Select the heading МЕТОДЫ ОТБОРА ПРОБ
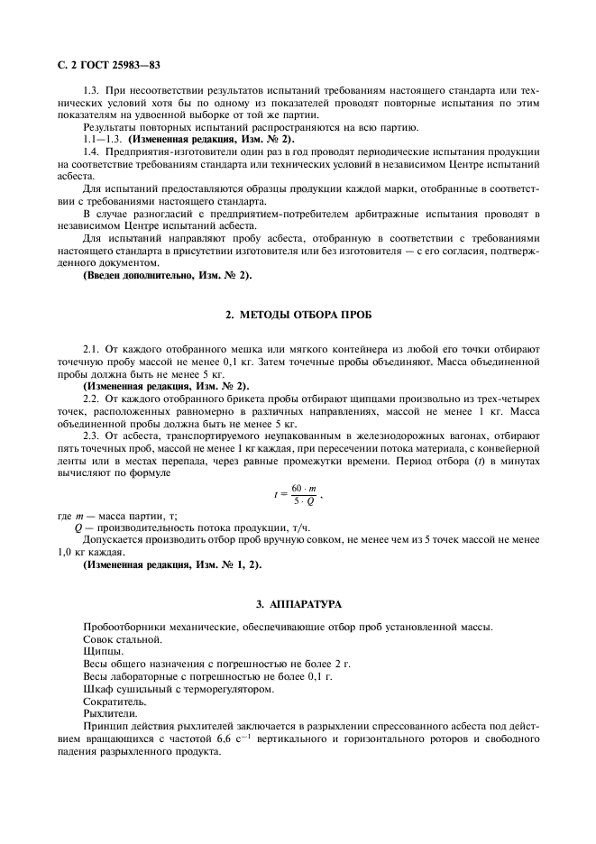click(297, 315)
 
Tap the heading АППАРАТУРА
click(297, 601)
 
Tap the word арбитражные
click(404, 214)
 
